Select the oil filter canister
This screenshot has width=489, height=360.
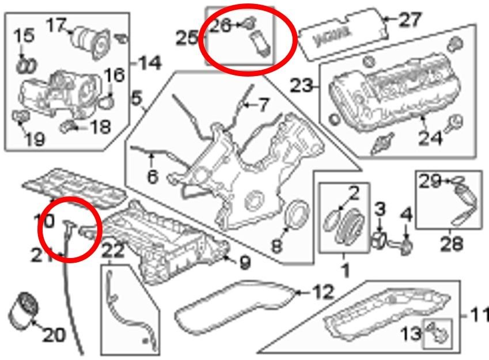pyautogui.click(x=22, y=314)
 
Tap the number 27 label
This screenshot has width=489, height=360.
pyautogui.click(x=411, y=20)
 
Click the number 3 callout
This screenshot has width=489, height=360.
pyautogui.click(x=380, y=209)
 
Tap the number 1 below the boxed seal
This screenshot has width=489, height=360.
pyautogui.click(x=346, y=268)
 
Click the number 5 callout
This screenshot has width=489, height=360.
pyautogui.click(x=136, y=100)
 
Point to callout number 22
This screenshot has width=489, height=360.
pyautogui.click(x=113, y=251)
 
